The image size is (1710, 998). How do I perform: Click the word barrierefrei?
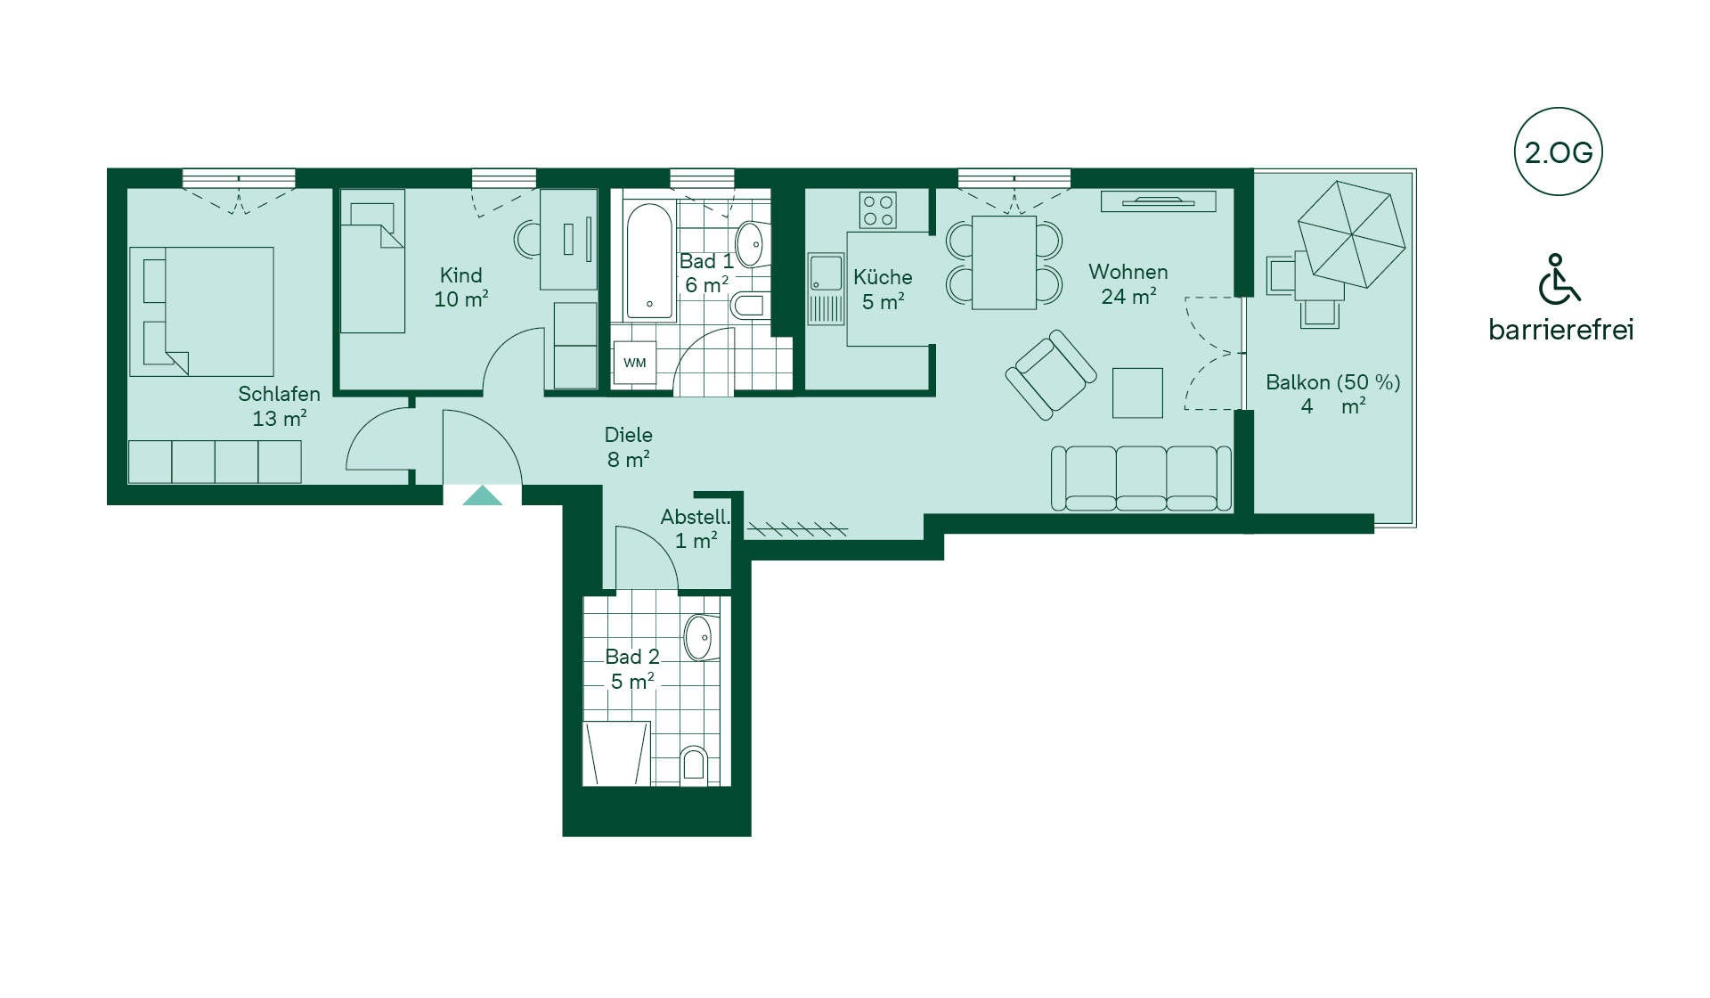[x=1560, y=330]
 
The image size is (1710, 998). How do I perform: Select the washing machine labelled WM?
[x=635, y=363]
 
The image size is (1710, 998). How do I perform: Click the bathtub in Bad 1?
[x=650, y=261]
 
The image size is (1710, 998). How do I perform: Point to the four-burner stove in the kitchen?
[x=878, y=210]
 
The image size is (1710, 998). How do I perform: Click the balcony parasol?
[x=1352, y=234]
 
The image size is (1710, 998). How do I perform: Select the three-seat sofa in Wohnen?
[x=1141, y=479]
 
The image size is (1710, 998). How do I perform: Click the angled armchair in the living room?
[x=1051, y=374]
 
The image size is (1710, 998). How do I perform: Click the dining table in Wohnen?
[x=1004, y=262]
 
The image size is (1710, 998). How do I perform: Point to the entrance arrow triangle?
[x=482, y=496]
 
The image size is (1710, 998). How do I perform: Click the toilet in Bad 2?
[x=693, y=765]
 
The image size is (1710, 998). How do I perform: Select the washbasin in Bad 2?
[x=700, y=637]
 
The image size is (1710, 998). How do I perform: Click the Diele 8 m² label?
[x=629, y=447]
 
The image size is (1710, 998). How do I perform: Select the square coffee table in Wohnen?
[x=1137, y=393]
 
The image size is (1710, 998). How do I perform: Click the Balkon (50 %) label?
[x=1333, y=382]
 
